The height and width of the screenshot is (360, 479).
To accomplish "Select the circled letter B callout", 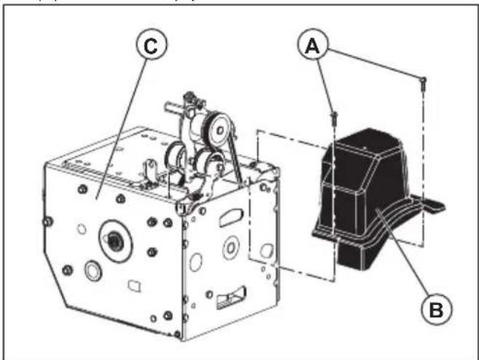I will click(435, 309).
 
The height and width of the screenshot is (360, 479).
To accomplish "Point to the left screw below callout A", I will click(333, 115).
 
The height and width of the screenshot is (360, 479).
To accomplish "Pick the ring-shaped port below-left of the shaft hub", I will click(93, 271).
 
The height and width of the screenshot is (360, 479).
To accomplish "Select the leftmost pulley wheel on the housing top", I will click(177, 156).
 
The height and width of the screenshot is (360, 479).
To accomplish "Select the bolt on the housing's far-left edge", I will click(48, 220).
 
